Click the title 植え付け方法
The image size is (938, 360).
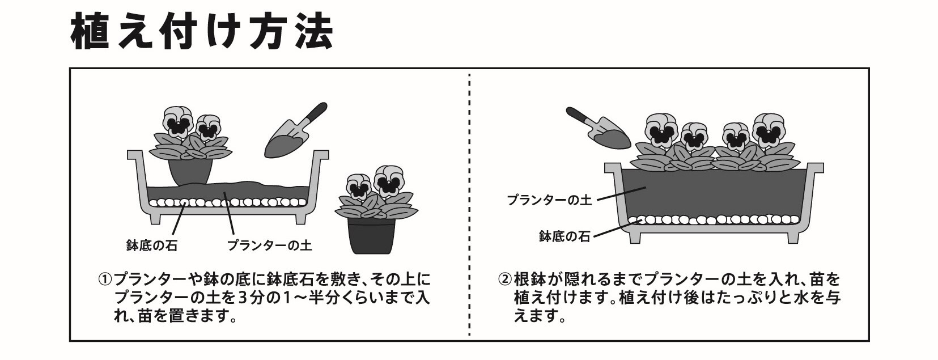201,32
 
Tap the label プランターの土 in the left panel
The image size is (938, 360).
269,246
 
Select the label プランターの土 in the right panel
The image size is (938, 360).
549,200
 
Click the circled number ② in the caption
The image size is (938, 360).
504,280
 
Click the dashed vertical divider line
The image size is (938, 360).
469,204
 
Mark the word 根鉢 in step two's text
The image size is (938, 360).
528,280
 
